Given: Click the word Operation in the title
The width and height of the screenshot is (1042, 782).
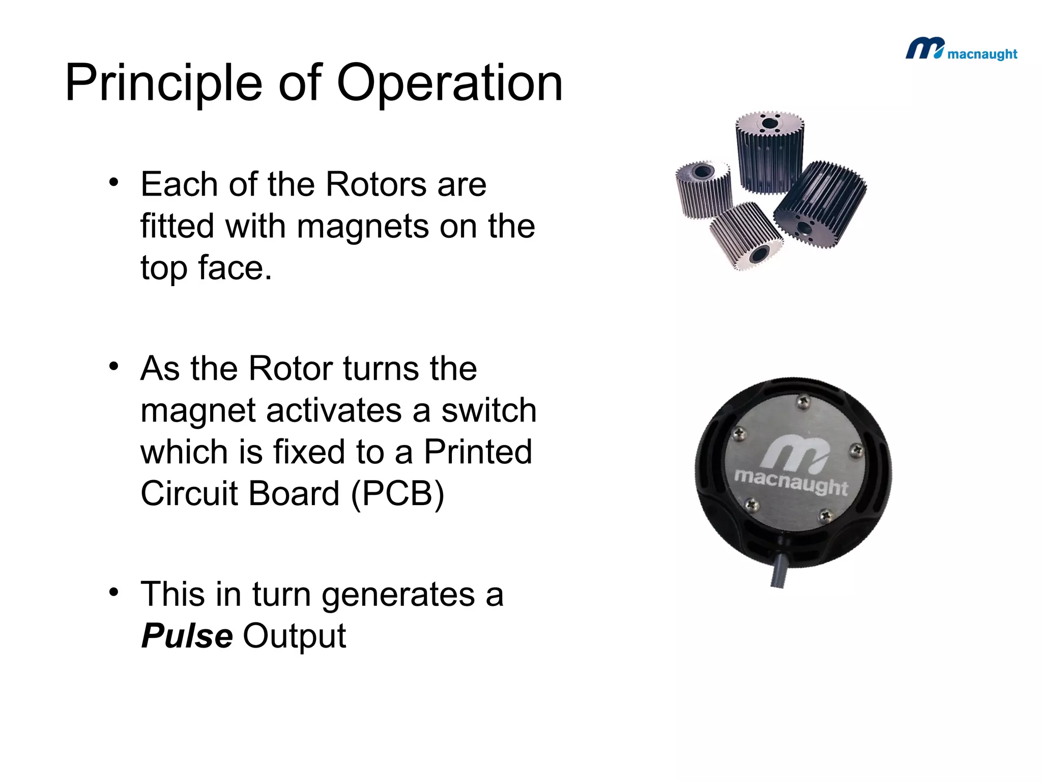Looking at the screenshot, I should click(450, 83).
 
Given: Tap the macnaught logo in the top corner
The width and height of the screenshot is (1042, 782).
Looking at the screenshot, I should click(961, 50).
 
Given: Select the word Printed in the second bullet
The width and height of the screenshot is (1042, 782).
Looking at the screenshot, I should click(478, 452).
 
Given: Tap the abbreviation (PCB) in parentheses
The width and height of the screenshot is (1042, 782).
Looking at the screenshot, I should click(397, 494).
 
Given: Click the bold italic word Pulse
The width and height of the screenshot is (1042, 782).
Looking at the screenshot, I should click(187, 636).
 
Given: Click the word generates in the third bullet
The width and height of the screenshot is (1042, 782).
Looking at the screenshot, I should click(397, 595).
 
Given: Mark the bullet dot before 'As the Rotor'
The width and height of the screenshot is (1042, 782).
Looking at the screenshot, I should click(114, 366).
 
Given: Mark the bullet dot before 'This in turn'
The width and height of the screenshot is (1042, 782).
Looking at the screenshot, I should click(114, 592).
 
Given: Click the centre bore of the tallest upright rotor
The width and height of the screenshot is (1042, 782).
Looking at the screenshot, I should click(770, 124).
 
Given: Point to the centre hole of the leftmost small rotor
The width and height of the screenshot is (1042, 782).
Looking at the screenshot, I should click(701, 171).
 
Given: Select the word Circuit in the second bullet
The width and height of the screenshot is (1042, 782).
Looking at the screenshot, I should click(188, 494).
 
